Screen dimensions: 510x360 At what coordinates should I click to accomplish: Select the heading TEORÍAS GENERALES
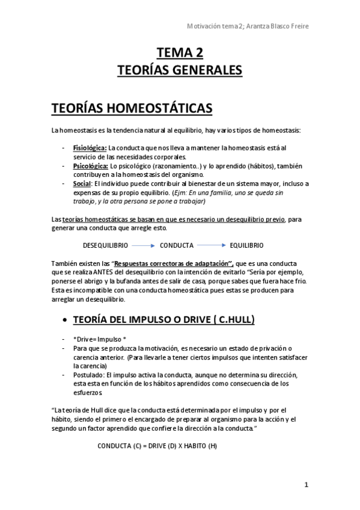[180, 70]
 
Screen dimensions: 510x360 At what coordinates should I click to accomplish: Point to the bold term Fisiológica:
[90, 147]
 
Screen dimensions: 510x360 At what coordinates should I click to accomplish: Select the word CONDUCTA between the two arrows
[176, 245]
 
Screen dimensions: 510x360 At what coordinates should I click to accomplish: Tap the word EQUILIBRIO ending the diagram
[246, 245]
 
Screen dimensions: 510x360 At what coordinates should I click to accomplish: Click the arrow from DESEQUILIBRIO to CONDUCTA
[143, 245]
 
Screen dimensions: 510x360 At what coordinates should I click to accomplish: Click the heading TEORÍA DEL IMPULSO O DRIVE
[163, 319]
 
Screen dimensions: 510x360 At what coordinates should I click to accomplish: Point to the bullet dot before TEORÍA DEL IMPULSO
[64, 320]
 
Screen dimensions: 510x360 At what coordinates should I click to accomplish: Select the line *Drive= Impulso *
[100, 339]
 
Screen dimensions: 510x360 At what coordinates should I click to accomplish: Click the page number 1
[306, 484]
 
